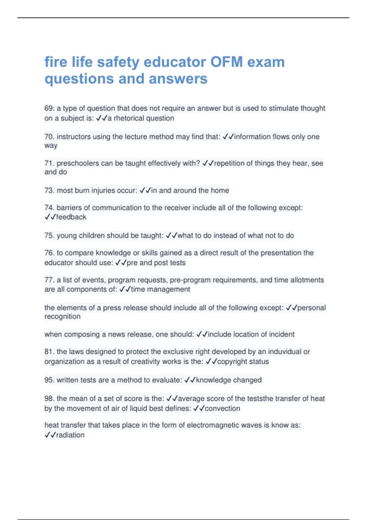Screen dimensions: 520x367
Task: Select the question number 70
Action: (x=49, y=137)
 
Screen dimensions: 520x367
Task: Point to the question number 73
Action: (x=49, y=191)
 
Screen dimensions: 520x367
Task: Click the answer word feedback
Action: (x=71, y=217)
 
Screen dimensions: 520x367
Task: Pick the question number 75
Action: (x=49, y=236)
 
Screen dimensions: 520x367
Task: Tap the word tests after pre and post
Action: (x=177, y=263)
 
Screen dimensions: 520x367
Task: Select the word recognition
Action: (x=62, y=317)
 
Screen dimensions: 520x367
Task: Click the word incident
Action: (x=282, y=334)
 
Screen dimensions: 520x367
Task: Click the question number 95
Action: (x=49, y=380)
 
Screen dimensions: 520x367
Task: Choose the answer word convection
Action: (x=222, y=409)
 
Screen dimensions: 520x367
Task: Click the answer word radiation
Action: (x=70, y=435)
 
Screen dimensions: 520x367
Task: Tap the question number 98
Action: (x=49, y=399)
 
